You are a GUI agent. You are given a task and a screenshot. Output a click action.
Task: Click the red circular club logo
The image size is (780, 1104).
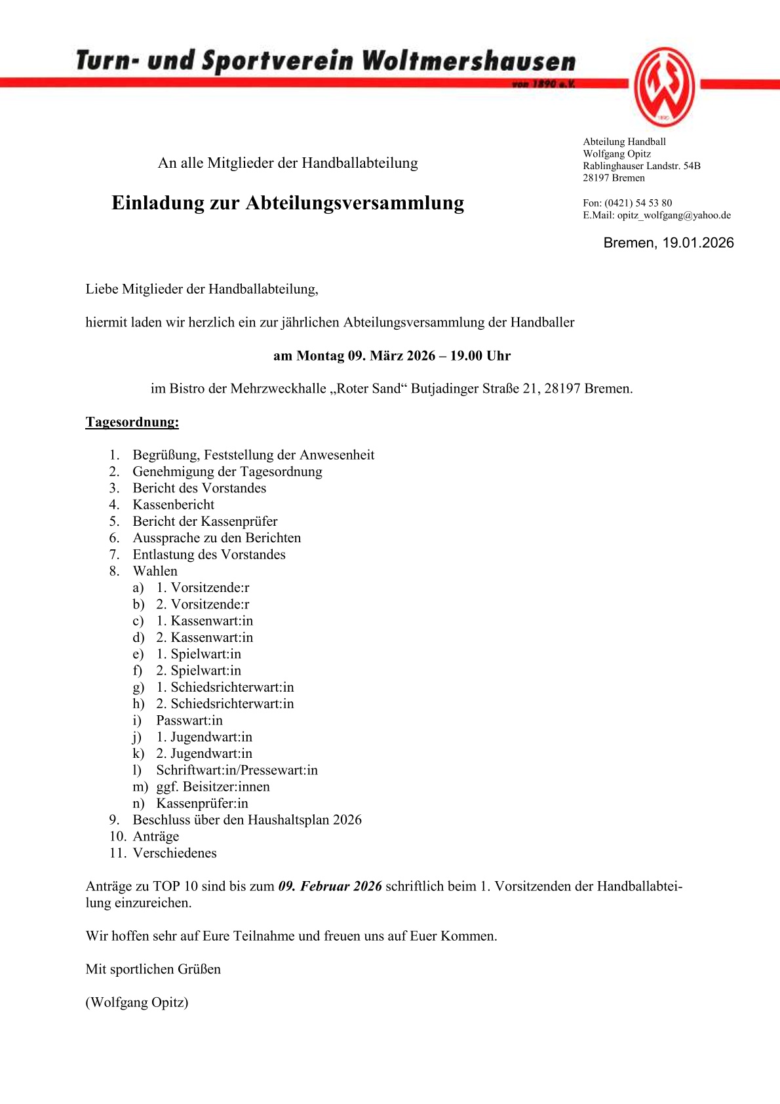coord(664,87)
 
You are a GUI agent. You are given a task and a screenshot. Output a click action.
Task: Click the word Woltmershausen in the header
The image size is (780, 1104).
coord(469,61)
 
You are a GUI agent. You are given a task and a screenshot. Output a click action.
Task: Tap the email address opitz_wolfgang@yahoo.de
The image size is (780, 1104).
coord(674,215)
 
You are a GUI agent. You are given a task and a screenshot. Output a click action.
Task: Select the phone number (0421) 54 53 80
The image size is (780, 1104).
coord(638,203)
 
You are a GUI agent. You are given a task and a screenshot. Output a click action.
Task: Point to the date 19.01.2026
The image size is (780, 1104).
coord(698,243)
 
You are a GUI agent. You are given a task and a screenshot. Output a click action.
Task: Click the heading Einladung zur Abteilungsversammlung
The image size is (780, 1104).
coord(288,203)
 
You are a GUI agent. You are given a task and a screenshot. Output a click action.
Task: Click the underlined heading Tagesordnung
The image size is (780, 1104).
coord(132,422)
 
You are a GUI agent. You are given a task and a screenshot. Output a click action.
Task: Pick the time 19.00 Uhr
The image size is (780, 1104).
coord(480,356)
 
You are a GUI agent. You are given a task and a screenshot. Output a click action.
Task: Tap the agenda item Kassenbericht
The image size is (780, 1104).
coord(174,505)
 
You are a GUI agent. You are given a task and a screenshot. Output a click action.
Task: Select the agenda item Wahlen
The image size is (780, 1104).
coord(155,571)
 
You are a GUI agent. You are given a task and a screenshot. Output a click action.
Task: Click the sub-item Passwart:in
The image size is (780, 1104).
coord(189,720)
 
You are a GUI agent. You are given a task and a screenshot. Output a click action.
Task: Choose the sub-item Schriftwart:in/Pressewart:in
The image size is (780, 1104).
coord(237,770)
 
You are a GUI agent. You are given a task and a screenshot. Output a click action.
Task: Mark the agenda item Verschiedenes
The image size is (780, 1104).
coord(174,853)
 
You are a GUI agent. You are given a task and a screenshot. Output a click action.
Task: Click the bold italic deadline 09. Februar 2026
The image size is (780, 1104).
coord(330,886)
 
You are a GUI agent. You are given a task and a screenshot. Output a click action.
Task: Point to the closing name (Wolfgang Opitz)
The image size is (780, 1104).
coord(137,1002)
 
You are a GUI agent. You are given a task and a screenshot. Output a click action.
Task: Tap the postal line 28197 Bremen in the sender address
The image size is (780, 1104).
coord(614,178)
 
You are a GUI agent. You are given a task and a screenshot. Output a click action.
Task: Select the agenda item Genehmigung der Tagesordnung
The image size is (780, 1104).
coord(227,471)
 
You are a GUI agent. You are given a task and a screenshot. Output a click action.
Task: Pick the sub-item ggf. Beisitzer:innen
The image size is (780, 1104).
coord(213,787)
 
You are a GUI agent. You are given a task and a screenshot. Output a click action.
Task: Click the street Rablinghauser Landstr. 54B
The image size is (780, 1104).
coord(642,166)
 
